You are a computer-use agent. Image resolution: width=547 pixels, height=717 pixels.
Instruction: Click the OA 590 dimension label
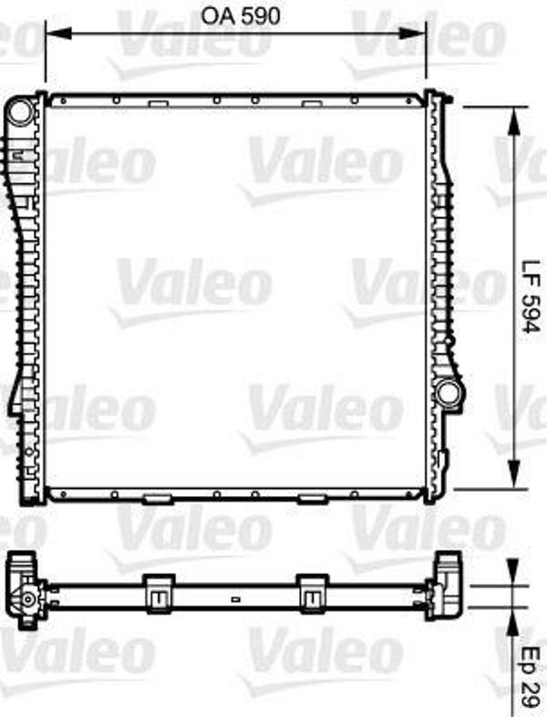241,17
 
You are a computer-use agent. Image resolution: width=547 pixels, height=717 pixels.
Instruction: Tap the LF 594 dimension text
532,297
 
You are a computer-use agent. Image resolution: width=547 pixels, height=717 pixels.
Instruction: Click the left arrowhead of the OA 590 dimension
58,33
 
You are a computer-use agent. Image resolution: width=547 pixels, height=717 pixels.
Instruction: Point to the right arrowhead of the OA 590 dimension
413,33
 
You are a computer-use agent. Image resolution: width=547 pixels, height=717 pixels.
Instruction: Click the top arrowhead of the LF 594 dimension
514,120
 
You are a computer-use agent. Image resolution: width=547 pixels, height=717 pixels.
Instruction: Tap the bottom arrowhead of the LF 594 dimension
514,474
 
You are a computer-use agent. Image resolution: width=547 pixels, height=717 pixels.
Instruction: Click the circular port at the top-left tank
20,112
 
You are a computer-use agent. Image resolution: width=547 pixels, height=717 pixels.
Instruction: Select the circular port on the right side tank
448,392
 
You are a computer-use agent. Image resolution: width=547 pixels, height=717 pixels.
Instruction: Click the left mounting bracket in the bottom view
159,594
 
